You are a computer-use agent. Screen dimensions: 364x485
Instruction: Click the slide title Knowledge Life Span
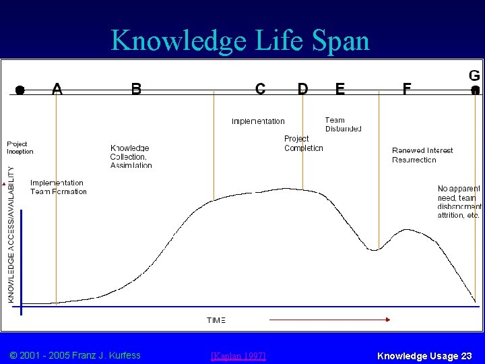pos(240,40)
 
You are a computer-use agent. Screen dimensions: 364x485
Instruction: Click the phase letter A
pos(57,88)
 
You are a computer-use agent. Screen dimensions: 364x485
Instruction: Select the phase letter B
pos(136,88)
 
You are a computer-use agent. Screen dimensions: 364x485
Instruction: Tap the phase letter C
pos(260,88)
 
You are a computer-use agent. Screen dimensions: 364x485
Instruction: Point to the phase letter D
pos(303,88)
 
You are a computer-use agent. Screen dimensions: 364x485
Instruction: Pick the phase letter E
pos(340,88)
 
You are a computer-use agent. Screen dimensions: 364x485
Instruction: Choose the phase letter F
pos(407,88)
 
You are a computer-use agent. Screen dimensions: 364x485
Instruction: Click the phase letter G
pos(474,75)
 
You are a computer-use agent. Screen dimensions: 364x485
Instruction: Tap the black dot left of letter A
pos(20,90)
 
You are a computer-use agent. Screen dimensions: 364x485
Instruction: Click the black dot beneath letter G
pos(475,90)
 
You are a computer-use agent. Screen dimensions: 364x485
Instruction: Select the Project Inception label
pos(20,148)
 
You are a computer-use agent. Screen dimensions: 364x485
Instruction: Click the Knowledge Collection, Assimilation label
pos(131,156)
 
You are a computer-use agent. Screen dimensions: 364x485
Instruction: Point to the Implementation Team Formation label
pos(58,187)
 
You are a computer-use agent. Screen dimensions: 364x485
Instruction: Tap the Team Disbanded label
pos(343,125)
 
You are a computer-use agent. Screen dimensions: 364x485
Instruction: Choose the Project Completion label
pos(303,143)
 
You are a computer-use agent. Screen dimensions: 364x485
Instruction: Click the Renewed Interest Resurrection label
pos(422,155)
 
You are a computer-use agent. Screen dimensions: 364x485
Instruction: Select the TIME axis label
pos(216,320)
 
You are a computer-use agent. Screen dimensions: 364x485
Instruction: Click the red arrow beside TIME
pos(330,319)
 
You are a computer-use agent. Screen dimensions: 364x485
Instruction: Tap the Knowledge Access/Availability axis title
pos(11,235)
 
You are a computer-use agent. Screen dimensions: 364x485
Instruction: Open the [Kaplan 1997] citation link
pos(238,355)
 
